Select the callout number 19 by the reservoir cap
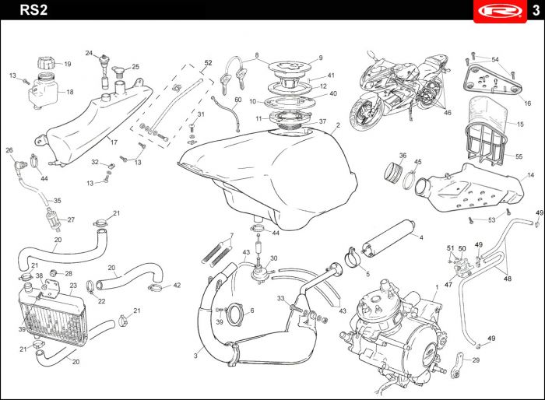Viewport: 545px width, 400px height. pyautogui.click(x=67, y=65)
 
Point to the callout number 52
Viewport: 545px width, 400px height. pyautogui.click(x=208, y=62)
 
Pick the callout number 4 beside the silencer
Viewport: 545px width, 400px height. pyautogui.click(x=420, y=237)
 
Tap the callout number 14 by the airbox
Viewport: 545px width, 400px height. pyautogui.click(x=531, y=175)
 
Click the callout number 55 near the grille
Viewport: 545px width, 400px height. pyautogui.click(x=519, y=156)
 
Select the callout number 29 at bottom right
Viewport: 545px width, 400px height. pyautogui.click(x=476, y=360)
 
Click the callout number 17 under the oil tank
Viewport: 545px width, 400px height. pyautogui.click(x=114, y=142)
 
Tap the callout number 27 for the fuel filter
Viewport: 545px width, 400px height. pyautogui.click(x=71, y=219)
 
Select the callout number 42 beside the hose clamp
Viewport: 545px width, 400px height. pyautogui.click(x=177, y=286)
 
